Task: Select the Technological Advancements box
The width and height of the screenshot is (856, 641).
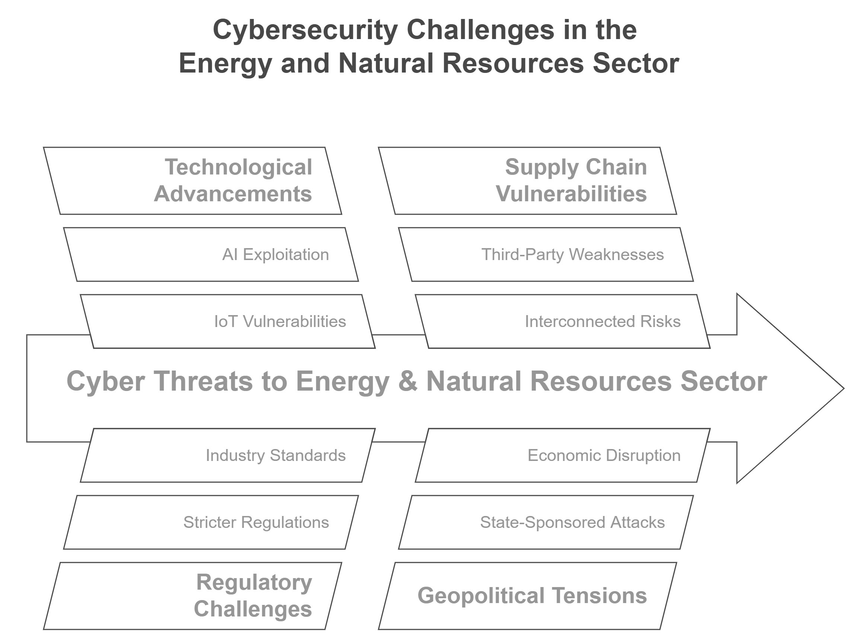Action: point(192,181)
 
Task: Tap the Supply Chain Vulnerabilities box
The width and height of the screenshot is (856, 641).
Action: point(527,181)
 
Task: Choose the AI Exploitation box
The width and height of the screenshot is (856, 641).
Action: point(211,254)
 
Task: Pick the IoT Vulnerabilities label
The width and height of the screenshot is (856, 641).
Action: point(280,321)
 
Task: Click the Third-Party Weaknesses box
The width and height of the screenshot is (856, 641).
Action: point(546,254)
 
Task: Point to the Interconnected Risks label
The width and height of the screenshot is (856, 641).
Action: point(603,321)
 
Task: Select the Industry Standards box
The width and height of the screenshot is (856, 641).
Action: point(228,455)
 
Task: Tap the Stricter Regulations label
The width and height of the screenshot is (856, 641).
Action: point(256,522)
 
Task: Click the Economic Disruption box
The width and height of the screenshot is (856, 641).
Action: point(563,455)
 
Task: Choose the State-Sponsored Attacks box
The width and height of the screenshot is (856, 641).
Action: point(546,522)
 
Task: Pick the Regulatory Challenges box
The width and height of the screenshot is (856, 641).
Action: point(192,596)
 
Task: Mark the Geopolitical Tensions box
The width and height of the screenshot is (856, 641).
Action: point(527,596)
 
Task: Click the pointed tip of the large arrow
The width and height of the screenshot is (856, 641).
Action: point(844,388)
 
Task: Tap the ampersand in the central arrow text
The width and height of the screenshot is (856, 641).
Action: point(408,381)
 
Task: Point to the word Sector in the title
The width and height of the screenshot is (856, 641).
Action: point(636,64)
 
